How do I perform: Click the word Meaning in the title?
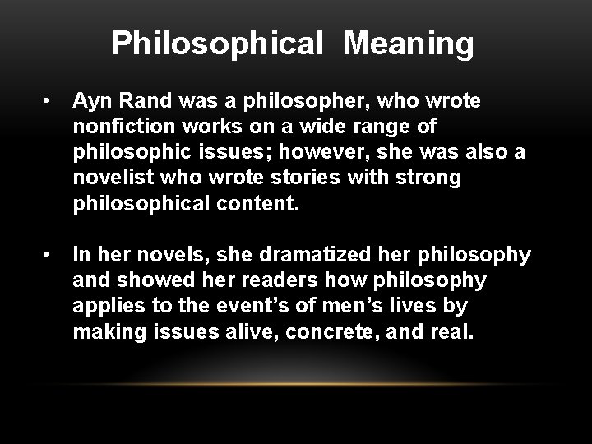click(x=409, y=44)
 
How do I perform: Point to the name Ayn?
click(x=90, y=103)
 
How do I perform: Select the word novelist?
click(x=106, y=177)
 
